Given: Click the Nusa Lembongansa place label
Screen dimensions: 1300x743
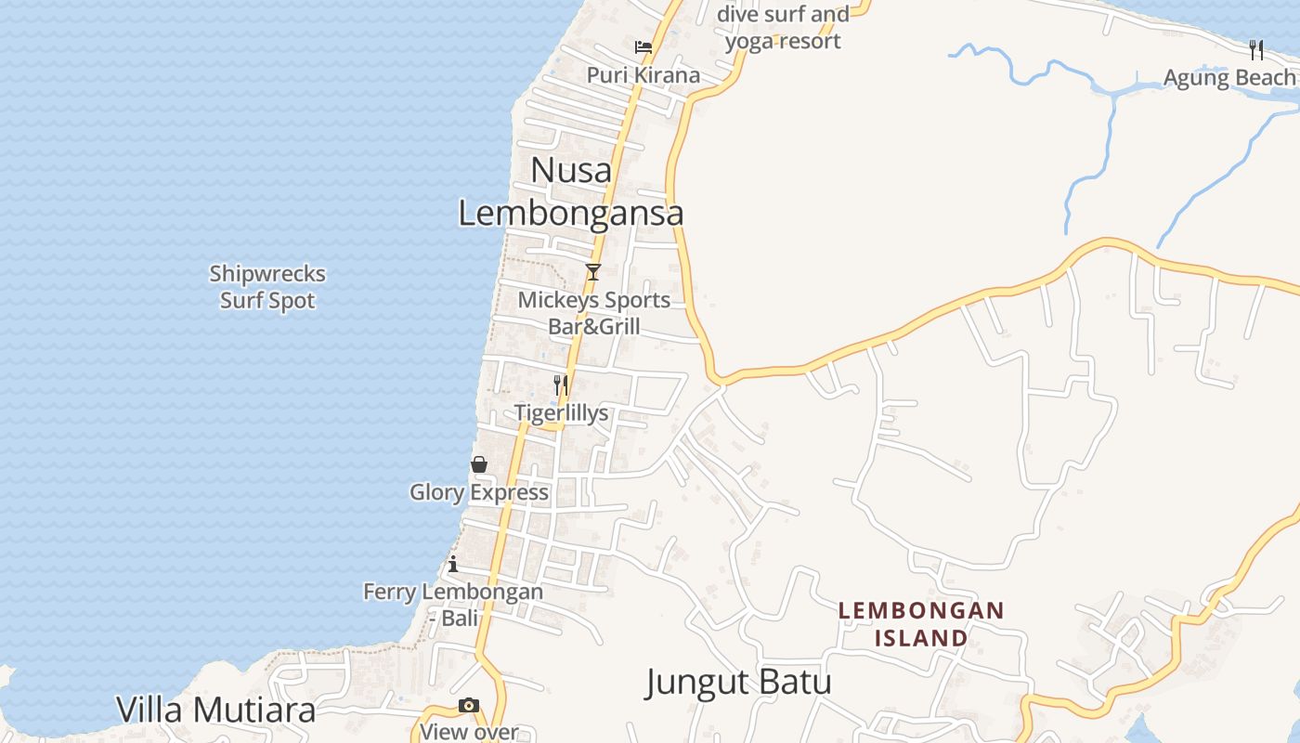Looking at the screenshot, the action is (x=571, y=191).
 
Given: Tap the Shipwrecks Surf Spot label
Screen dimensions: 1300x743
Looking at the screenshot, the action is (x=267, y=287).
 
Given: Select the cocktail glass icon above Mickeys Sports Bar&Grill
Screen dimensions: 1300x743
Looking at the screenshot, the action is (x=593, y=272).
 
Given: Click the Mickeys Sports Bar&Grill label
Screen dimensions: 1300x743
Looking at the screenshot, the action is (x=593, y=313).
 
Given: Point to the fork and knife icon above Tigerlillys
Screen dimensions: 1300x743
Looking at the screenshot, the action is (x=561, y=385).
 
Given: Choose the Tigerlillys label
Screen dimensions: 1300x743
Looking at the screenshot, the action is (x=561, y=413).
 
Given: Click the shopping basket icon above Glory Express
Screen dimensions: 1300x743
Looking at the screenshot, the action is (x=479, y=464).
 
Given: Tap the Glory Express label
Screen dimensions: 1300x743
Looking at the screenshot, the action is (x=479, y=492).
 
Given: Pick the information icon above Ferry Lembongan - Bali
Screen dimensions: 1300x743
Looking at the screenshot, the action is (x=453, y=564).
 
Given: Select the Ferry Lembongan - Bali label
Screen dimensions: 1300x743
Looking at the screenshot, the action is (x=453, y=604).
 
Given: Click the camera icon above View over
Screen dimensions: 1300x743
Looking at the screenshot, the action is (x=469, y=706).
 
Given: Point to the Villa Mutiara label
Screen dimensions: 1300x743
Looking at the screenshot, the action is (x=215, y=710).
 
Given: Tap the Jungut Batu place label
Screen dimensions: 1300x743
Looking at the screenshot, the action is (x=738, y=683).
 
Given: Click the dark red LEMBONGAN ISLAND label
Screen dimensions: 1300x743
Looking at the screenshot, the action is (x=921, y=624).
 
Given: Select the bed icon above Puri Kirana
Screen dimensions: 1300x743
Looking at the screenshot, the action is (x=643, y=47).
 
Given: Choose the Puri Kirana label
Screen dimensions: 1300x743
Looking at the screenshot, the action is (x=643, y=74).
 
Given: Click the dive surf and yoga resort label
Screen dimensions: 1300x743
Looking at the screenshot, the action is (x=783, y=28).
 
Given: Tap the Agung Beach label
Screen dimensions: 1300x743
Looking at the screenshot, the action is (x=1229, y=78).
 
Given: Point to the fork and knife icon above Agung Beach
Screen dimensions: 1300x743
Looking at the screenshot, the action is (x=1256, y=49).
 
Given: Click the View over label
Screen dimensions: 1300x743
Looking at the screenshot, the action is (x=469, y=732).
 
